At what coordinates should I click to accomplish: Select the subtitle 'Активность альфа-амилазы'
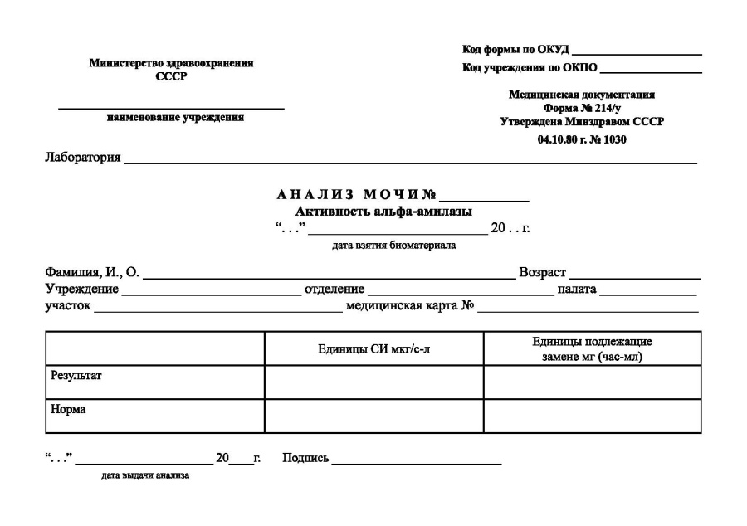[383, 212]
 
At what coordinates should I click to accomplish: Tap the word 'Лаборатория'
[83, 158]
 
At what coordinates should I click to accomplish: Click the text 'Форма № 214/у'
[581, 109]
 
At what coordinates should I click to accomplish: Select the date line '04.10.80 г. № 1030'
[581, 139]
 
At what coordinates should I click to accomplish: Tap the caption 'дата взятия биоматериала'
[393, 246]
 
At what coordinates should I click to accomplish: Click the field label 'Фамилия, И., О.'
[91, 274]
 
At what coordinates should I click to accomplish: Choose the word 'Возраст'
[542, 274]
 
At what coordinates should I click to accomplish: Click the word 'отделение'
[334, 290]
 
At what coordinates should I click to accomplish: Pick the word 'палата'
[577, 290]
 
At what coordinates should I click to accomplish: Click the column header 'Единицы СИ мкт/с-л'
[373, 349]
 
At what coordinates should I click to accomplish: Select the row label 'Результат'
[76, 376]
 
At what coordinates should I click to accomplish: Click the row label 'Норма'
[68, 409]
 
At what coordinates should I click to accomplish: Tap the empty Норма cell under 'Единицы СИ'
[373, 416]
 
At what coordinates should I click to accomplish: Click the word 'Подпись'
[305, 458]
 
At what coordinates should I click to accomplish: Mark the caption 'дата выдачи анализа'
[145, 476]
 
